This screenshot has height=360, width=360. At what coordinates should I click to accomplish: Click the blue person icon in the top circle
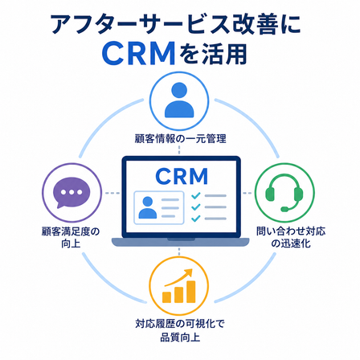179,100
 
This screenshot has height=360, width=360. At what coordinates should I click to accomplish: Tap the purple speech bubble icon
72,192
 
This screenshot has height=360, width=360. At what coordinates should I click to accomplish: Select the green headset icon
284,192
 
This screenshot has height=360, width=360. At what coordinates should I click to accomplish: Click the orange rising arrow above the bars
178,277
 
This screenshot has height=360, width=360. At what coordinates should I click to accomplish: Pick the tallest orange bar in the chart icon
191,292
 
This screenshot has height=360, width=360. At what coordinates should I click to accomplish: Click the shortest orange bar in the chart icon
166,297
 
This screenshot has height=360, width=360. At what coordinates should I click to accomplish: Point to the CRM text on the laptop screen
182,176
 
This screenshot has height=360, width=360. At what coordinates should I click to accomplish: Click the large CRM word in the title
139,53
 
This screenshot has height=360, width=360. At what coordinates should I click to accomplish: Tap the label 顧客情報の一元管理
180,139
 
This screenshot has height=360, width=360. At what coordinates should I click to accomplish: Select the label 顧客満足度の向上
71,237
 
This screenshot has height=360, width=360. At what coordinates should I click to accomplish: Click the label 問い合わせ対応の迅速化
291,237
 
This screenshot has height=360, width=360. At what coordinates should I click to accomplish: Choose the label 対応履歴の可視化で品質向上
180,330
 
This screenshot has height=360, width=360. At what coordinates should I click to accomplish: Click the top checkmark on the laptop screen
196,196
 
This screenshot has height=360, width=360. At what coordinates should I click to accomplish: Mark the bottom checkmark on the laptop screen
196,219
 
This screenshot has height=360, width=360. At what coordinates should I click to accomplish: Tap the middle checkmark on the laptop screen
196,207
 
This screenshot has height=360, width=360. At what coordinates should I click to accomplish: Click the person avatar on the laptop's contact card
148,208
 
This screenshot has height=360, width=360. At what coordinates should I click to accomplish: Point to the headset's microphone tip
284,209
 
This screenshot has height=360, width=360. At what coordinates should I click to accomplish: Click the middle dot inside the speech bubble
72,192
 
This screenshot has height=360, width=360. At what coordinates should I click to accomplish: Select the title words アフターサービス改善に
176,25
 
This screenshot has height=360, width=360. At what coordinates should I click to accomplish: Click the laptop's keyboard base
180,242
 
